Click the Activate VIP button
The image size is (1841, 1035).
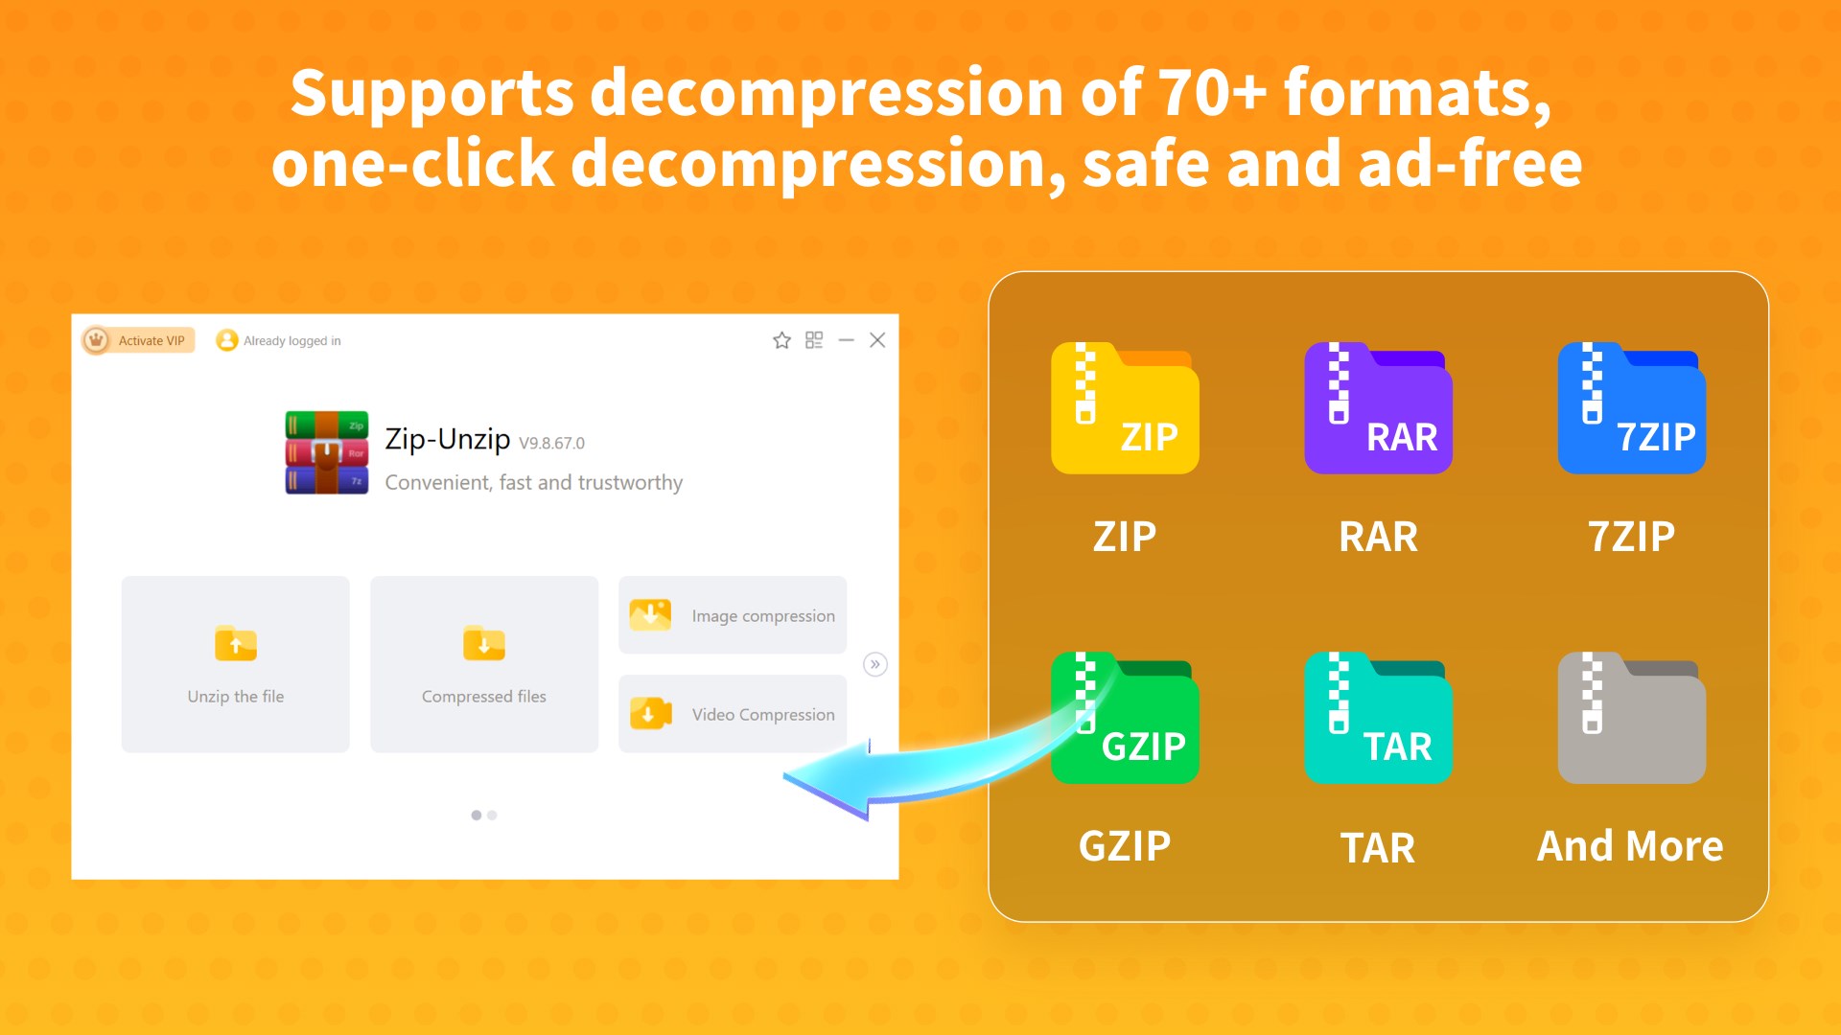pyautogui.click(x=138, y=340)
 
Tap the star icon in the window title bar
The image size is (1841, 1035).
pyautogui.click(x=781, y=340)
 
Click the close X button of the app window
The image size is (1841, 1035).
pyautogui.click(x=877, y=340)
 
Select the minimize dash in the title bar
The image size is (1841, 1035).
pyautogui.click(x=846, y=340)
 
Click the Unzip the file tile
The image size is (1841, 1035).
pyautogui.click(x=235, y=664)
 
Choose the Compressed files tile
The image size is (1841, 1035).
pyautogui.click(x=484, y=664)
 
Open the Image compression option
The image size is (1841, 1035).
pyautogui.click(x=733, y=615)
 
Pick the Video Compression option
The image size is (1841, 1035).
pyautogui.click(x=733, y=714)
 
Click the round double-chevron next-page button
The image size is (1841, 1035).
pyautogui.click(x=874, y=664)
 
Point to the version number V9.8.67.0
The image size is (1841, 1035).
pyautogui.click(x=551, y=443)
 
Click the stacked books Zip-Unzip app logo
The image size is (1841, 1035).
pyautogui.click(x=326, y=452)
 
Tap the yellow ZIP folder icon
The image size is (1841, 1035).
pyautogui.click(x=1125, y=408)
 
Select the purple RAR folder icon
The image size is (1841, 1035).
pyautogui.click(x=1378, y=408)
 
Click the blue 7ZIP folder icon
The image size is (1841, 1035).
pyautogui.click(x=1631, y=408)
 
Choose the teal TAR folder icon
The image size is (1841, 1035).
pyautogui.click(x=1378, y=718)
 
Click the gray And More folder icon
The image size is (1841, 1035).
pyautogui.click(x=1631, y=718)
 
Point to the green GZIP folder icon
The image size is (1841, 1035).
pyautogui.click(x=1125, y=718)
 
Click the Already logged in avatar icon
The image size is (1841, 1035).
pyautogui.click(x=226, y=340)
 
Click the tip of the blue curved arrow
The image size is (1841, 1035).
pyautogui.click(x=784, y=777)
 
